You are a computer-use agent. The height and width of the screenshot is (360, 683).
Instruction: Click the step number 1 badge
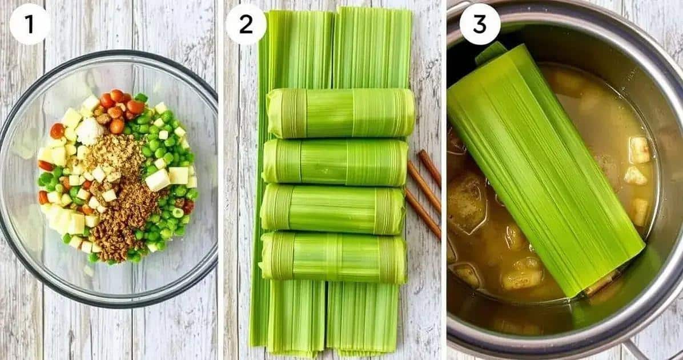30,24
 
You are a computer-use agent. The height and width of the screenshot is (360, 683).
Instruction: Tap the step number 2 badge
246,24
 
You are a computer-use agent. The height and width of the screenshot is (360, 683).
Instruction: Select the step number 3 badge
480,24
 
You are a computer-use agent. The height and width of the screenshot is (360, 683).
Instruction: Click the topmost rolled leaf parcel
340,113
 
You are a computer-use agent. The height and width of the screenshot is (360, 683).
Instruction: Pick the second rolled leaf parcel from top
335,162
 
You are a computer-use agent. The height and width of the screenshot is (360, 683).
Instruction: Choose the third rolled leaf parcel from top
334,209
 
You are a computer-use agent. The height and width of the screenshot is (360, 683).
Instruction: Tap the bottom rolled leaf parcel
334,257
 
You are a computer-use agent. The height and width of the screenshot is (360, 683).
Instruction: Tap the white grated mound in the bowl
90,131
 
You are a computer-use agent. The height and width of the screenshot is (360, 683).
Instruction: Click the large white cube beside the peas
158,180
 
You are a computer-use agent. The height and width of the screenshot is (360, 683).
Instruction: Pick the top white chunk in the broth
640,150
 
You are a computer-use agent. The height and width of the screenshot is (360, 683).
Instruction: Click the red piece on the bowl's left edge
45,166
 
